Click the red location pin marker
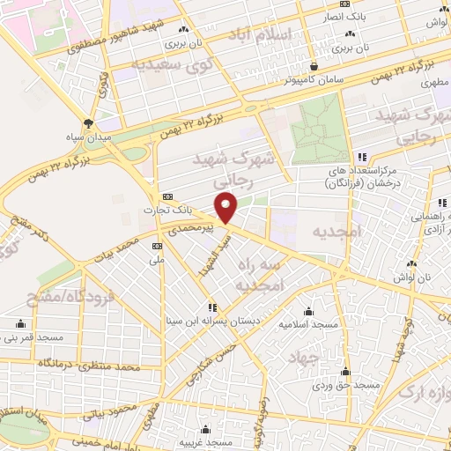[x=227, y=208]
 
